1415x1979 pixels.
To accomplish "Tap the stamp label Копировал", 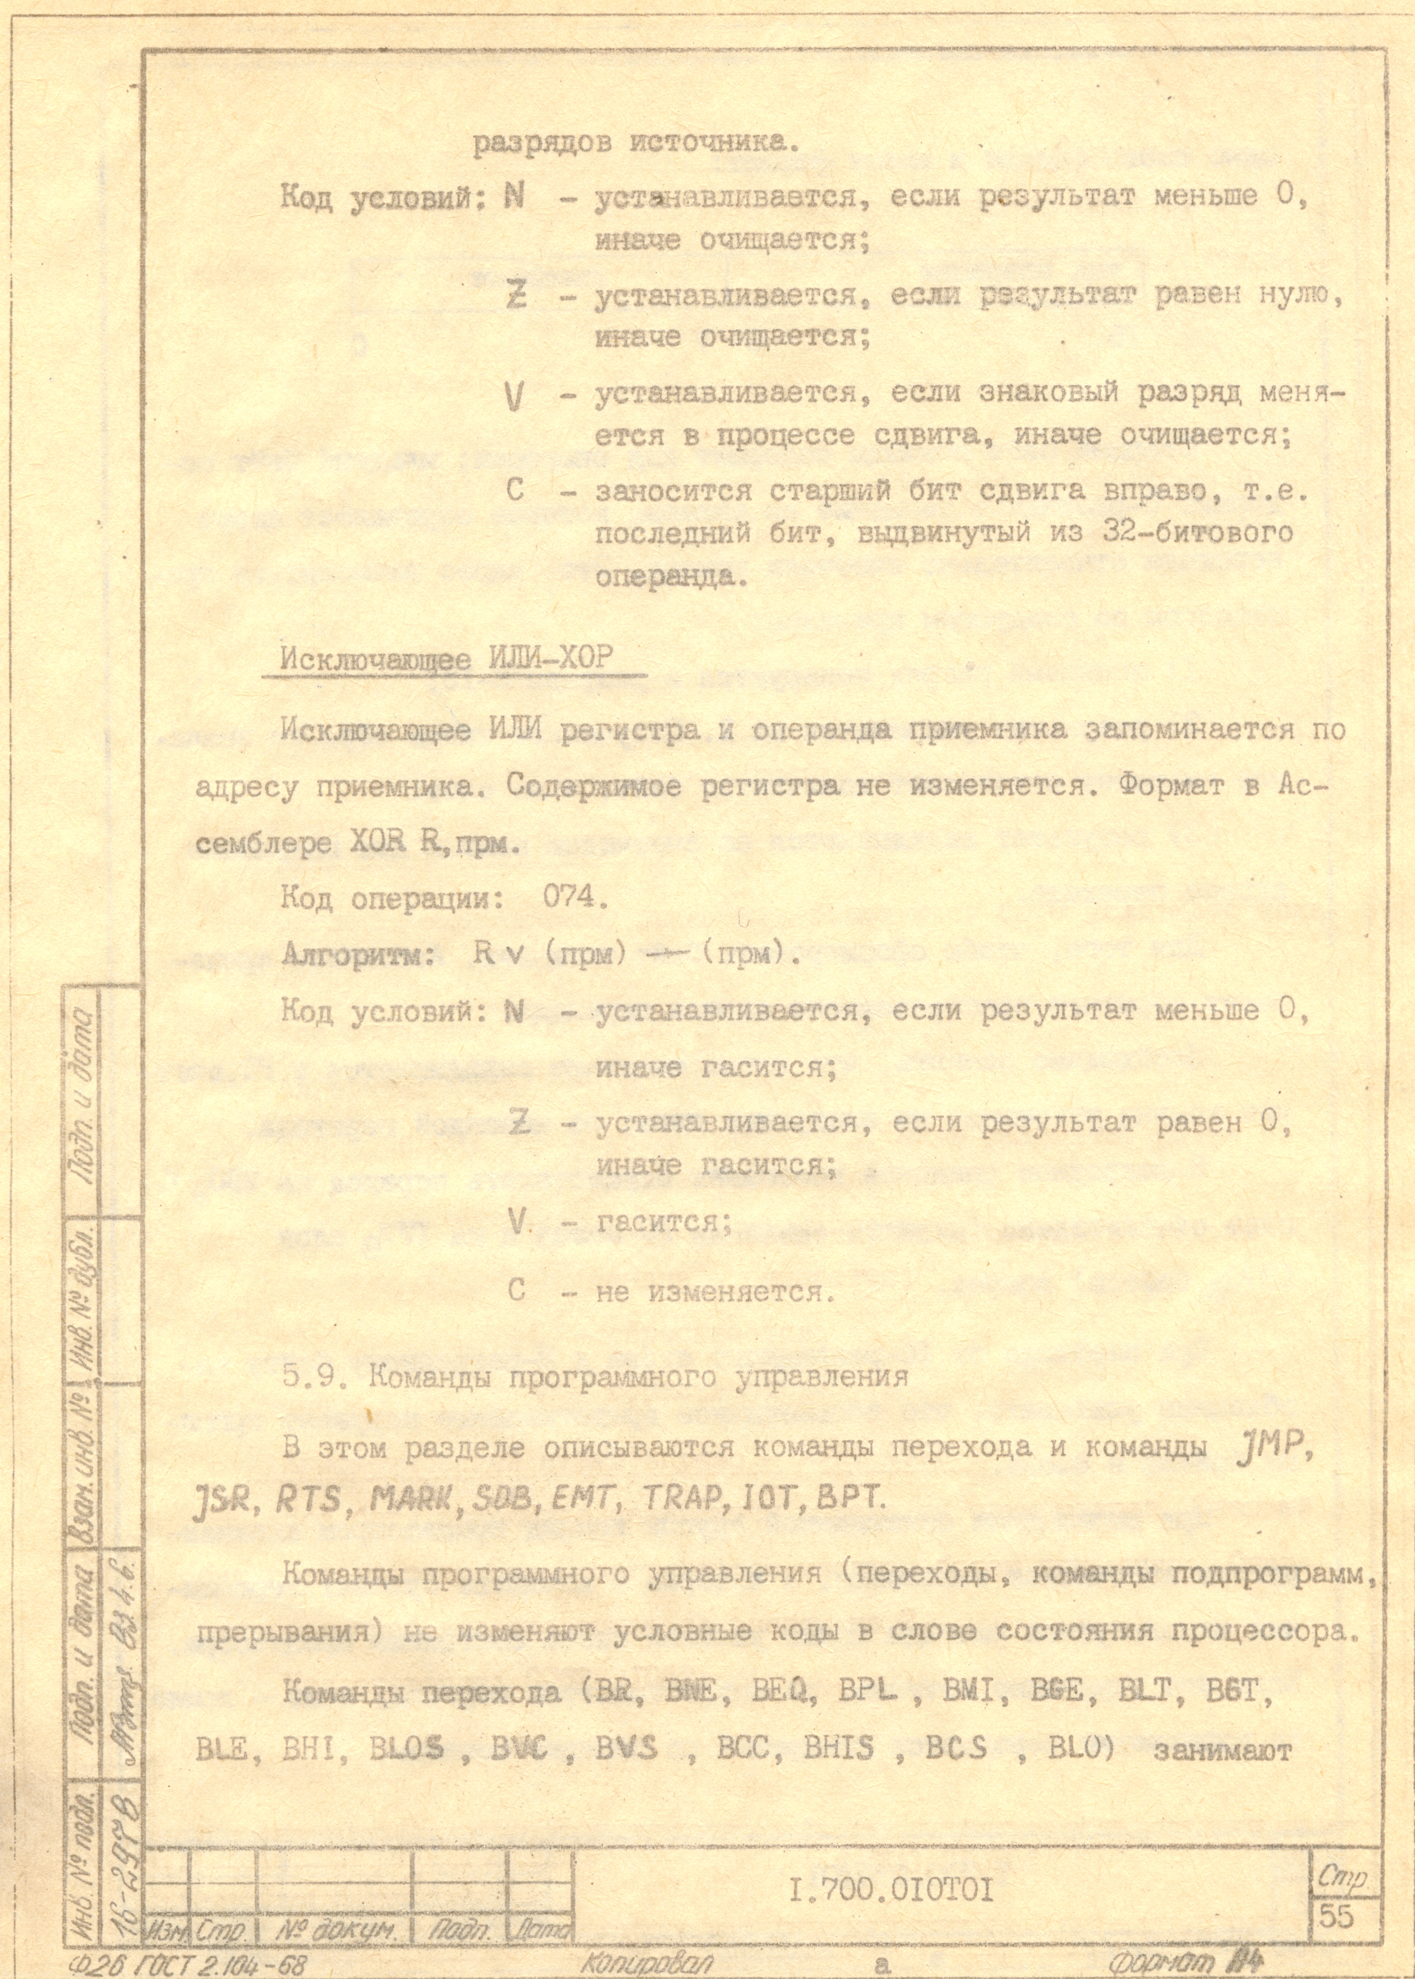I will (647, 1964).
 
